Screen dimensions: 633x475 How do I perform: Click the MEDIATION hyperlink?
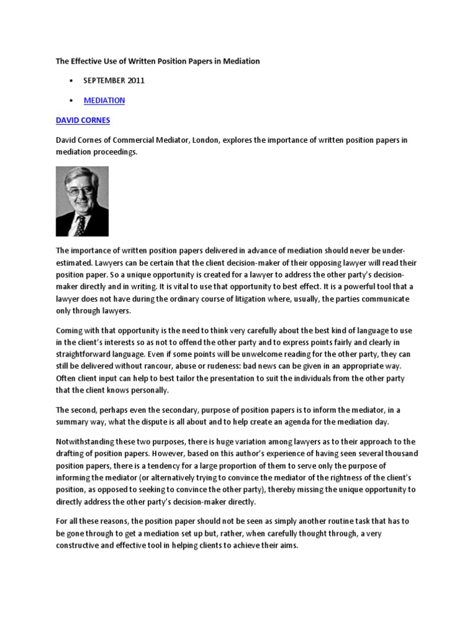pos(105,100)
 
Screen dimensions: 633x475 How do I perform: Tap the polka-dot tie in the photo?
pos(79,223)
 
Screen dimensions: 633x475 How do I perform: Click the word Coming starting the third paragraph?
pos(71,330)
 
